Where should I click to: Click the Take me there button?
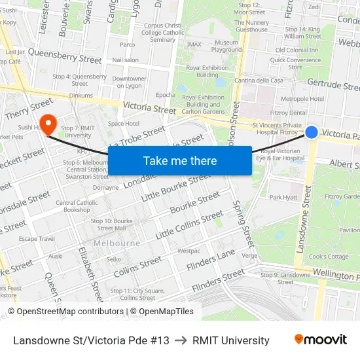(180, 160)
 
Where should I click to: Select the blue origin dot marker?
(312, 132)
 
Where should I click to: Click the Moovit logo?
(320, 340)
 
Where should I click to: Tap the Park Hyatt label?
(283, 197)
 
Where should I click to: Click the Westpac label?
(189, 251)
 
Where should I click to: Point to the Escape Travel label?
(37, 239)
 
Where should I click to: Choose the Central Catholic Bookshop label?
(77, 206)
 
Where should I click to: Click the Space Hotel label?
(124, 123)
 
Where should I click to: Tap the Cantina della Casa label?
(260, 81)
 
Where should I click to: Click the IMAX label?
(194, 45)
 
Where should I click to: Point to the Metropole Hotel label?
(302, 99)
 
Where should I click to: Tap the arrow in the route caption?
(181, 340)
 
